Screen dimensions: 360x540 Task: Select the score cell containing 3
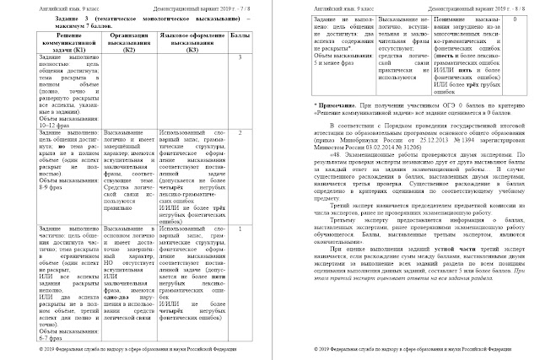(x=241, y=56)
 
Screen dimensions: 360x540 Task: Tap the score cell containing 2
(x=241, y=132)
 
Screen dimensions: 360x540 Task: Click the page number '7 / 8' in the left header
(x=244, y=6)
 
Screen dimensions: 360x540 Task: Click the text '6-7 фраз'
(x=33, y=336)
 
